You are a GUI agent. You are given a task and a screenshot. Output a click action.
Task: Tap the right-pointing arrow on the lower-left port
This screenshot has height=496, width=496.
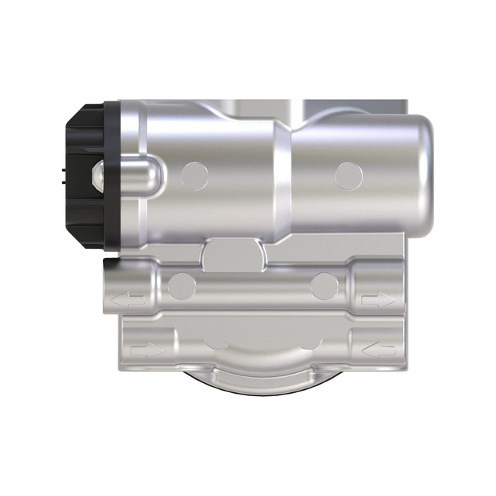coord(147,350)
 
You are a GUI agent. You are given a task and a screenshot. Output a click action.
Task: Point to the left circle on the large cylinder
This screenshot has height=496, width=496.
coord(195,175)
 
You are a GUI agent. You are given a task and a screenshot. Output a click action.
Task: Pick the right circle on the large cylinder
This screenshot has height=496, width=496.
coord(349,175)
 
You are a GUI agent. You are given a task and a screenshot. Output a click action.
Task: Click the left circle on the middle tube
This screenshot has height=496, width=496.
coord(182,287)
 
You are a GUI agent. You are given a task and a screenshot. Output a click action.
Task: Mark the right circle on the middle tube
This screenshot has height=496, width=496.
coord(324,287)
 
